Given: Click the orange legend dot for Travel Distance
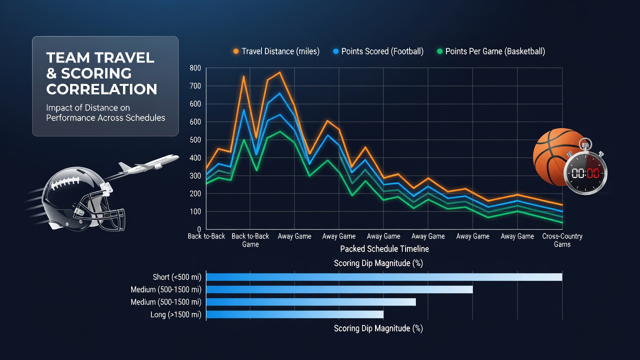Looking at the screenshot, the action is coord(235,51).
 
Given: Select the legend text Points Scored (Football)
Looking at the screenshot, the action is coord(382,51).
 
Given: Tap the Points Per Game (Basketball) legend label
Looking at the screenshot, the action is coord(495,51).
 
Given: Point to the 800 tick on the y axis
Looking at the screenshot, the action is coord(195,68).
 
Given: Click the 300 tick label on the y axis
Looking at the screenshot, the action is coord(195,175).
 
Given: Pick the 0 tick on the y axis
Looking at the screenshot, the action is coord(199,229).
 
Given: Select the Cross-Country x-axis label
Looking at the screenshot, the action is coord(562,236).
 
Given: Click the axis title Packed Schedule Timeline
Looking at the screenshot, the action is coord(384,249).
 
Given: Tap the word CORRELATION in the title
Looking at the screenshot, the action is coord(101,89).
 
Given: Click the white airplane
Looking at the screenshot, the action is coord(148,164).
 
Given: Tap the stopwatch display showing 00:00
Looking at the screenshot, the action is coord(585,173).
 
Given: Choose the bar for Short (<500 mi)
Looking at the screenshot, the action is coord(384,277).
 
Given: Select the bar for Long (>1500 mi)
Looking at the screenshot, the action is coord(295,314).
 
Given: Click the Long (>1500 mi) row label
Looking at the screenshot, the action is coord(175,314).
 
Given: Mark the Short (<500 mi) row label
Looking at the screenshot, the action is coord(177,277).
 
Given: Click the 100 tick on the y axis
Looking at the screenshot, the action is coord(195,211).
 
